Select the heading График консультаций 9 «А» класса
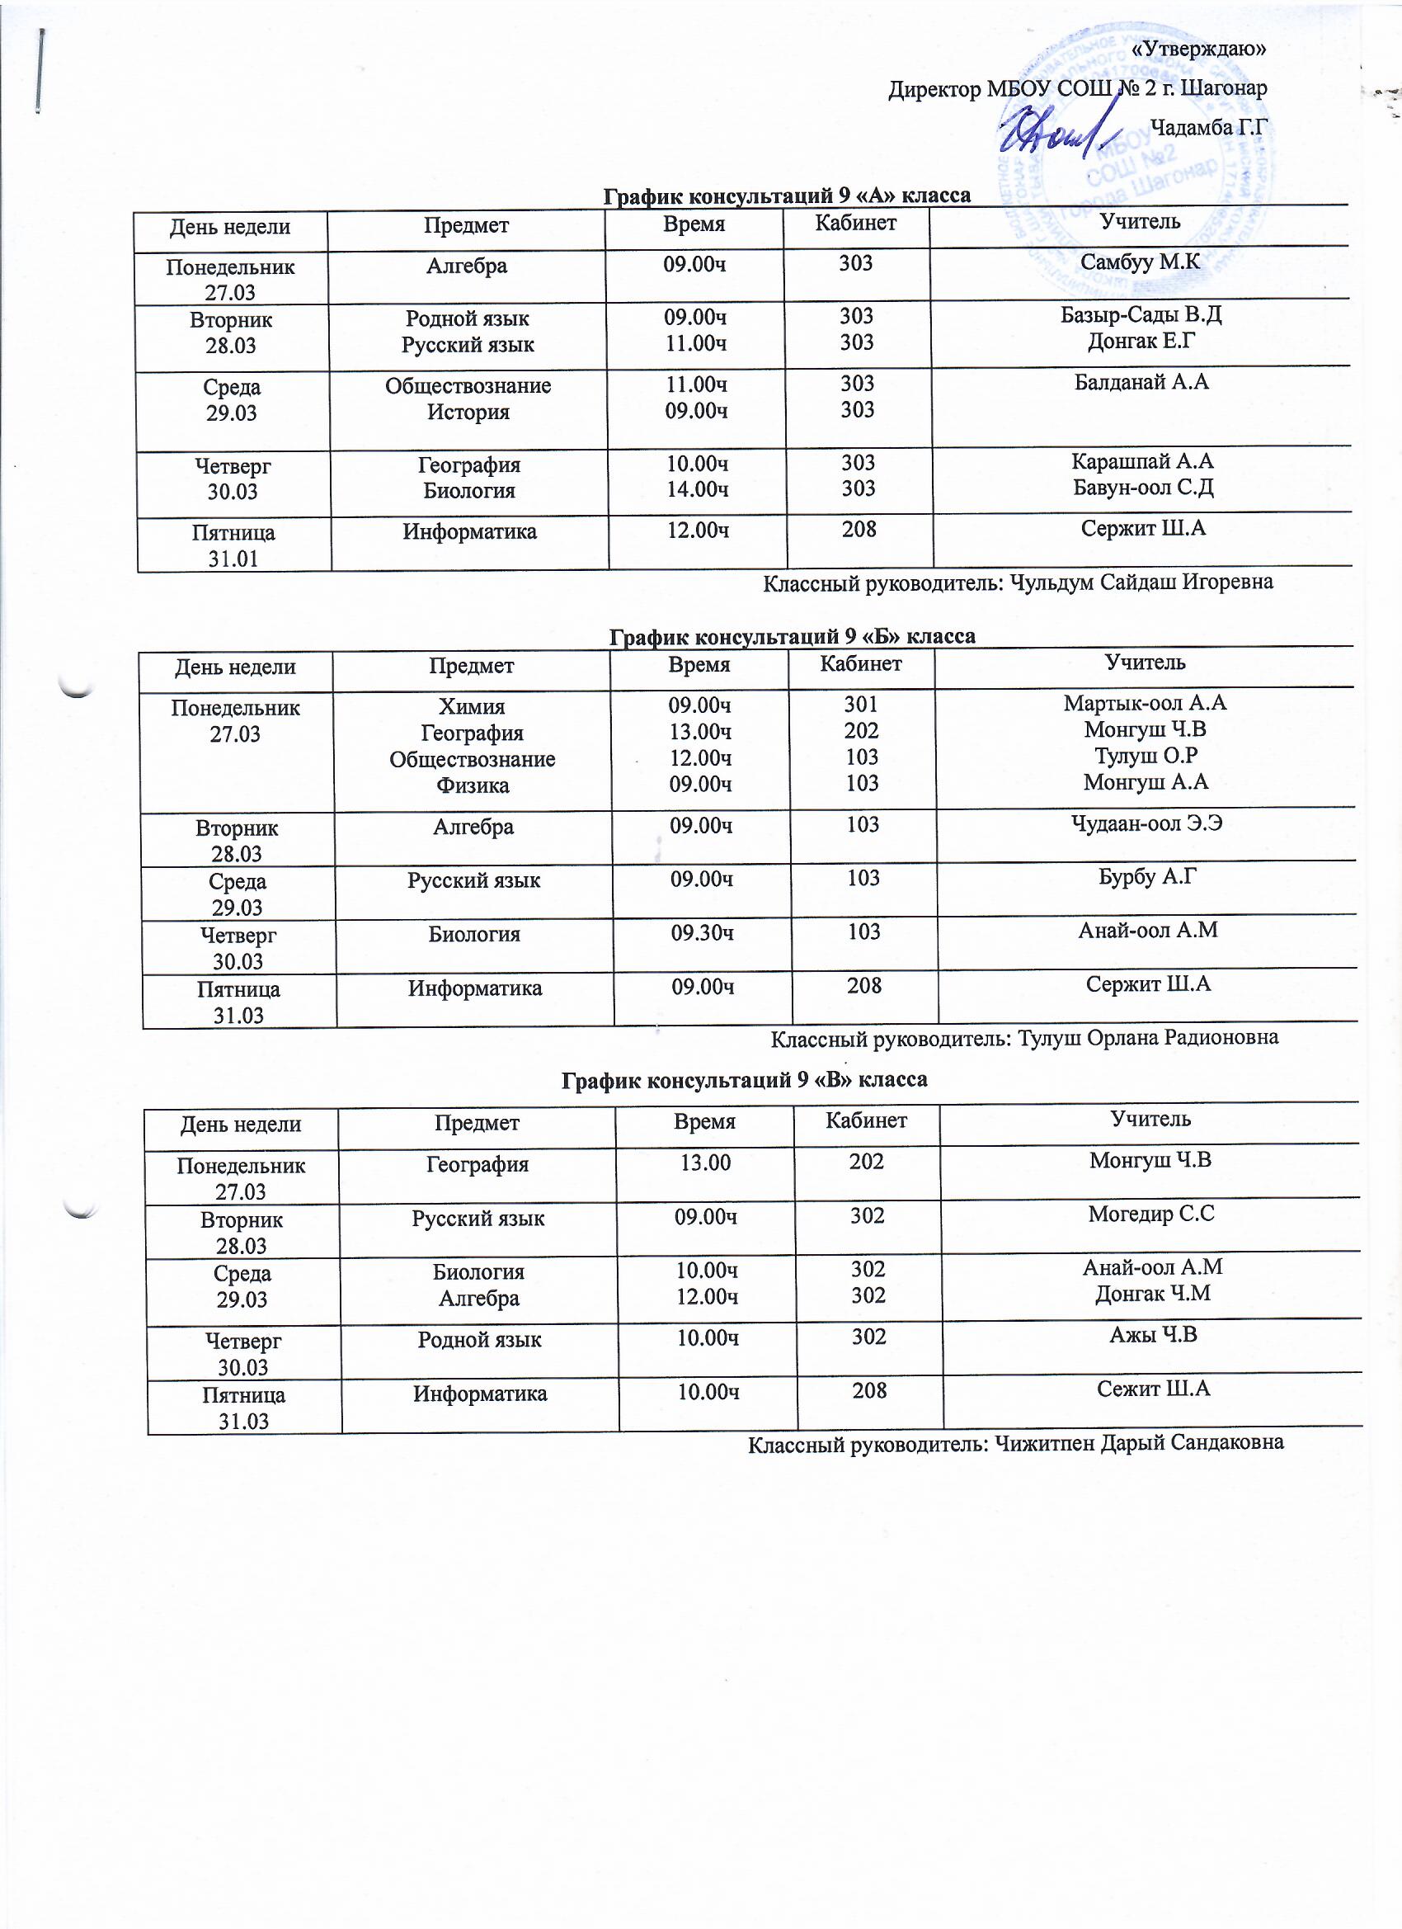(x=787, y=196)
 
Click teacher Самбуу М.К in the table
(x=1139, y=262)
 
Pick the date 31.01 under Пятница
(x=232, y=559)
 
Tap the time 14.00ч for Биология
(x=696, y=489)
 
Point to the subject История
(x=468, y=413)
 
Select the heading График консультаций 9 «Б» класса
(x=793, y=636)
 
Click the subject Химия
(x=471, y=707)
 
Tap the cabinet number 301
(x=861, y=705)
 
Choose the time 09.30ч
(x=703, y=933)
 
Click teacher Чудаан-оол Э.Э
(x=1147, y=823)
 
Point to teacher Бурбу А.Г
(x=1148, y=877)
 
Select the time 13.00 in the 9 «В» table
(x=706, y=1162)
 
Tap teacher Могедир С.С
(x=1151, y=1214)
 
